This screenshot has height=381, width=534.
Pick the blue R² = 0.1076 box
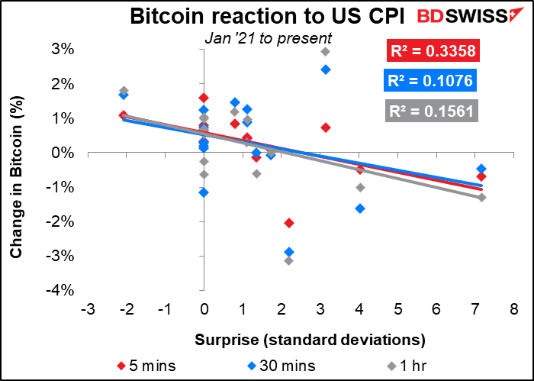point(433,81)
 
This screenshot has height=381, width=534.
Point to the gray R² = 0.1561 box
point(433,111)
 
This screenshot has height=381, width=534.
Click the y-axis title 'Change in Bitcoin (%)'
point(15,169)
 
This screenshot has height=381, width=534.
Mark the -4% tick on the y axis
point(63,290)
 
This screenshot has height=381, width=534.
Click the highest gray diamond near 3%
point(325,52)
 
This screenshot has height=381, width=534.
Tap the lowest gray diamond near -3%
point(288,261)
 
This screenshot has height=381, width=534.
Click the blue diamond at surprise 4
point(360,208)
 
